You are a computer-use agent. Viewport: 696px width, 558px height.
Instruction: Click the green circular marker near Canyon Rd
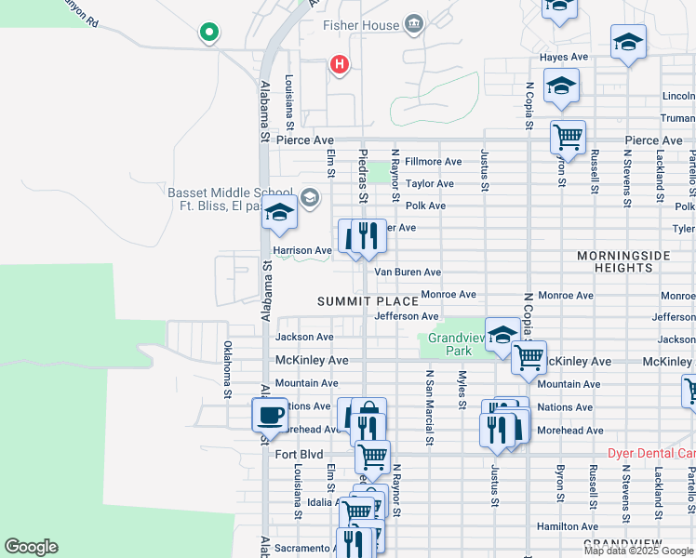[209, 33]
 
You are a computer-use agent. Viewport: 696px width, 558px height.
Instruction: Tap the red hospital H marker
[340, 64]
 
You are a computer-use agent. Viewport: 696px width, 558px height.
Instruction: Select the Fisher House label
[360, 25]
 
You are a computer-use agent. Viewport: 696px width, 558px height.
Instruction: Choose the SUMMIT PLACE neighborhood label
[367, 301]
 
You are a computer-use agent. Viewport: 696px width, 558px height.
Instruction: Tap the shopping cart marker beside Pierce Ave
[567, 138]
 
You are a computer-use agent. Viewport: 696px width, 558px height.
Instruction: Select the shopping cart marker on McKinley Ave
[529, 356]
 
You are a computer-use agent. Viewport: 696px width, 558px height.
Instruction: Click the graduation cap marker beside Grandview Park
[502, 335]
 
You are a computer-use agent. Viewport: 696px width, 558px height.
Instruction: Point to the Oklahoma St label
[227, 370]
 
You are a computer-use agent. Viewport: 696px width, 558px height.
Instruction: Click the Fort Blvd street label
[298, 454]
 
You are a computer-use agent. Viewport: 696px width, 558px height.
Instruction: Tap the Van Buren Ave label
[408, 272]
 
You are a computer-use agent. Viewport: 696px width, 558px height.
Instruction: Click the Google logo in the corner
[31, 547]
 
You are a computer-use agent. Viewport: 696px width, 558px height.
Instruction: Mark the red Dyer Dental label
[650, 454]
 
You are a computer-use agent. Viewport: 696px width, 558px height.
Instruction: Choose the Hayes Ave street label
[564, 57]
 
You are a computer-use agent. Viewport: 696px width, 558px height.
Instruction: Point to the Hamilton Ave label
[567, 526]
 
